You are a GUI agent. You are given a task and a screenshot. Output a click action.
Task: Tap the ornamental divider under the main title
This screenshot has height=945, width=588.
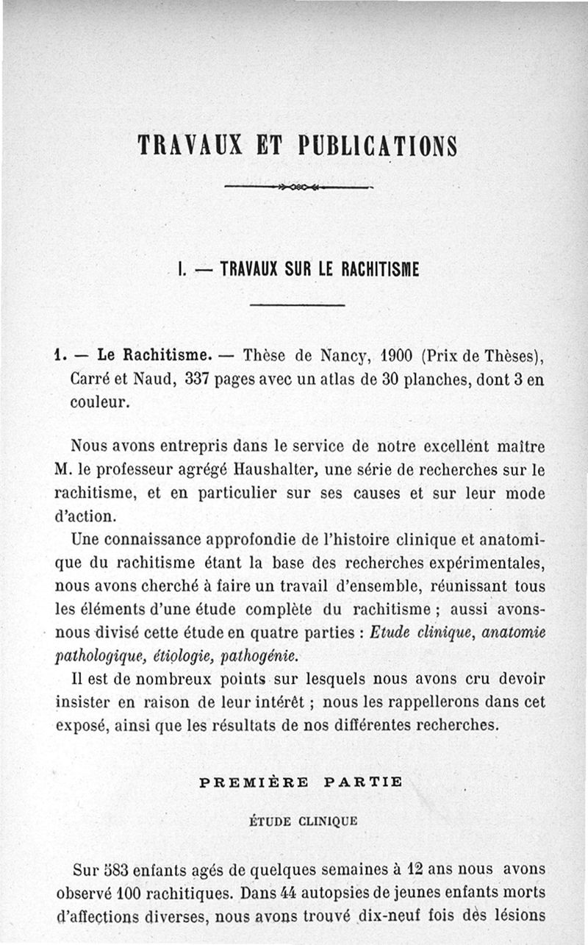(297, 187)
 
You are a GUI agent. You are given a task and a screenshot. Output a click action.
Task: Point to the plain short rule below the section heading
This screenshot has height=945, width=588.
(297, 304)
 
